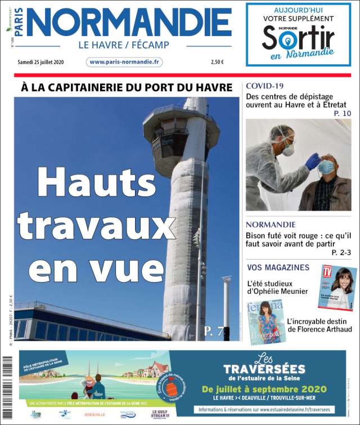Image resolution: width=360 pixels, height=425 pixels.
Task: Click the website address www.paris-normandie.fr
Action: click(124, 62)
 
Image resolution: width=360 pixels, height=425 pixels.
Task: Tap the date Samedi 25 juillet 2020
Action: click(41, 62)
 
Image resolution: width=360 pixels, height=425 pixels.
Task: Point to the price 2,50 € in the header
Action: click(217, 62)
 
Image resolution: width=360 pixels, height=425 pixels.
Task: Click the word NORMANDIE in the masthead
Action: click(128, 24)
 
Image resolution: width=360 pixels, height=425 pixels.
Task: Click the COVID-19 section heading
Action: click(264, 86)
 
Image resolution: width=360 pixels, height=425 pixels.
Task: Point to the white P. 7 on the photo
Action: click(213, 331)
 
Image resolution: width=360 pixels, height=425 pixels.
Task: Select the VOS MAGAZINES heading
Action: click(278, 267)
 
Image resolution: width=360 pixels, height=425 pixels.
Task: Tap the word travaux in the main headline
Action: click(96, 224)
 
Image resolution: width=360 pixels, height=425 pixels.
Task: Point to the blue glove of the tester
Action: click(313, 162)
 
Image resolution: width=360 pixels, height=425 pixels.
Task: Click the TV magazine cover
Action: click(337, 287)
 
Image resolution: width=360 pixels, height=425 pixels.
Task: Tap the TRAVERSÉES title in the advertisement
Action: click(264, 370)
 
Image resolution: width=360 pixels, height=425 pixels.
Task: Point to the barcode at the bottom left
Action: click(7, 388)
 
